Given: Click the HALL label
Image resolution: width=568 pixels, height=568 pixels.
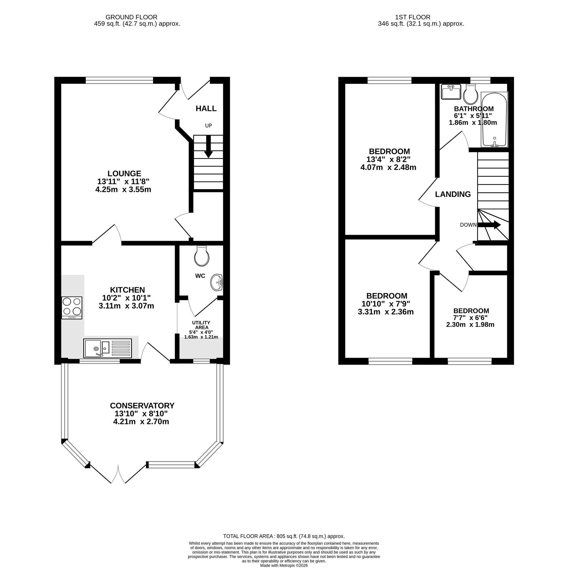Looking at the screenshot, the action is click(x=206, y=108).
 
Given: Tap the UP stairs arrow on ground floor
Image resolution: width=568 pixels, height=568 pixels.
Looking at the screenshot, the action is click(x=208, y=146).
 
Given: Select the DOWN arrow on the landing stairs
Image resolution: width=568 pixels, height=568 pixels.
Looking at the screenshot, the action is click(x=489, y=225).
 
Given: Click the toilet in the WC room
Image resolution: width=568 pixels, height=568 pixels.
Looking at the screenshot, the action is click(x=202, y=256).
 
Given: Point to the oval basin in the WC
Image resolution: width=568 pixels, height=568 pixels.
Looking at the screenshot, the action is click(x=217, y=282).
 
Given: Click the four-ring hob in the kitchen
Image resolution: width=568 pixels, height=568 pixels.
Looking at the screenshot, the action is click(x=72, y=307).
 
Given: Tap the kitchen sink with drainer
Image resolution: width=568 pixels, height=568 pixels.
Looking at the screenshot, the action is click(x=108, y=348).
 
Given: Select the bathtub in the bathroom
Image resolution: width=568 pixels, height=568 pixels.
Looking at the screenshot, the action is click(x=494, y=120).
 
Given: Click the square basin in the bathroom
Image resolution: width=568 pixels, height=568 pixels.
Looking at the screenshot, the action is click(x=451, y=92).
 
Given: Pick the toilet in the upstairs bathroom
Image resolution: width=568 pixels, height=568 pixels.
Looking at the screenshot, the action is click(x=470, y=93).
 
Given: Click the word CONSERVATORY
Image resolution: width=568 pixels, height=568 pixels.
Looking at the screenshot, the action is click(x=142, y=405).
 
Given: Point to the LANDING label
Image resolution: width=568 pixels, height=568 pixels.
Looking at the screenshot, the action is click(x=453, y=194).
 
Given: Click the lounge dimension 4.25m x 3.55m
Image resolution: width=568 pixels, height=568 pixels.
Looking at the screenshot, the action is click(x=123, y=189).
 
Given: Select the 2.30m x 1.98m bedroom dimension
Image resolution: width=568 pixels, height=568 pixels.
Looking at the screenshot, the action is click(x=470, y=324).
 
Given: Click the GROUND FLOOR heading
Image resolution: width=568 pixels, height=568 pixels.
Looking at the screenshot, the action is click(x=131, y=17).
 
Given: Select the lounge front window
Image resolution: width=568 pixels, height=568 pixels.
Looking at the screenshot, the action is click(x=120, y=80).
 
